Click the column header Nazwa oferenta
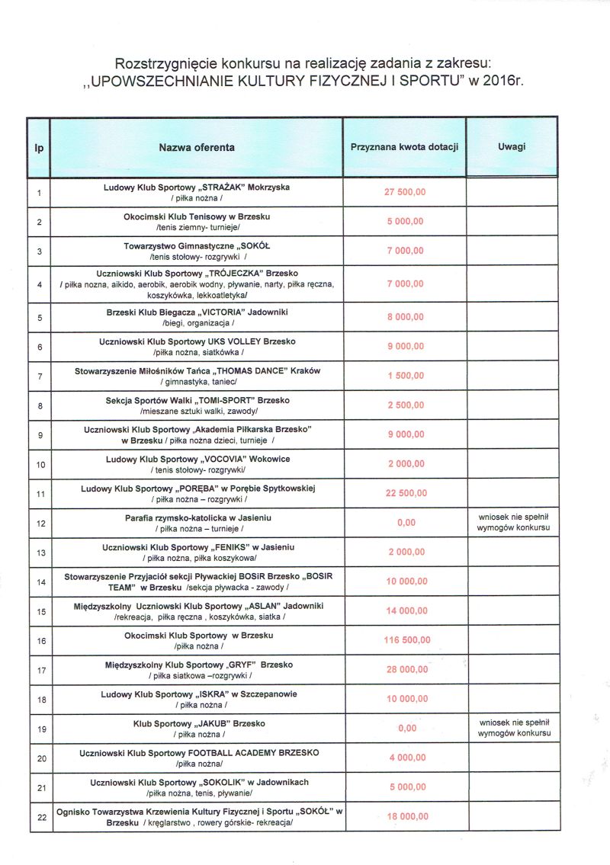(197, 147)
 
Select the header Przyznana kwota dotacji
(404, 147)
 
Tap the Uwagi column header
(512, 147)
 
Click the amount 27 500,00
(405, 192)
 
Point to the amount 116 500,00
(406, 640)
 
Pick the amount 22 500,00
(406, 493)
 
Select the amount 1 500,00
(406, 376)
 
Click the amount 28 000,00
(406, 669)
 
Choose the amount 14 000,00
(406, 610)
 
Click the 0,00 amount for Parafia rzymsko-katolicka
(406, 523)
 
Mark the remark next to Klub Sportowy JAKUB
(512, 727)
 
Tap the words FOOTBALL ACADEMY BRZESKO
(252, 753)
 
